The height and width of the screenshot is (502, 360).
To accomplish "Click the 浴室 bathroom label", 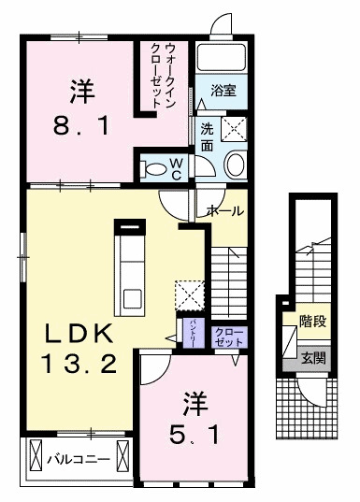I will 223,91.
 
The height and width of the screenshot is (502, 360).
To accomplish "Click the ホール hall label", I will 226,211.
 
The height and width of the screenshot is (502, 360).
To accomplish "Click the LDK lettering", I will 76,335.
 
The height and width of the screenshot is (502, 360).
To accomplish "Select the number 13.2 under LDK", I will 76,364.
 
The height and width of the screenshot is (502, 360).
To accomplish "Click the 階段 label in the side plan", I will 312,322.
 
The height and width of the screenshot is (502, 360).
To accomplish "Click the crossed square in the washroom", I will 231,128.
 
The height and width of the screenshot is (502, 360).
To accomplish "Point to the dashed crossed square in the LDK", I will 191,294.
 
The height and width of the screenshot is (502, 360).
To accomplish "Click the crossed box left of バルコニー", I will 36,458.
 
